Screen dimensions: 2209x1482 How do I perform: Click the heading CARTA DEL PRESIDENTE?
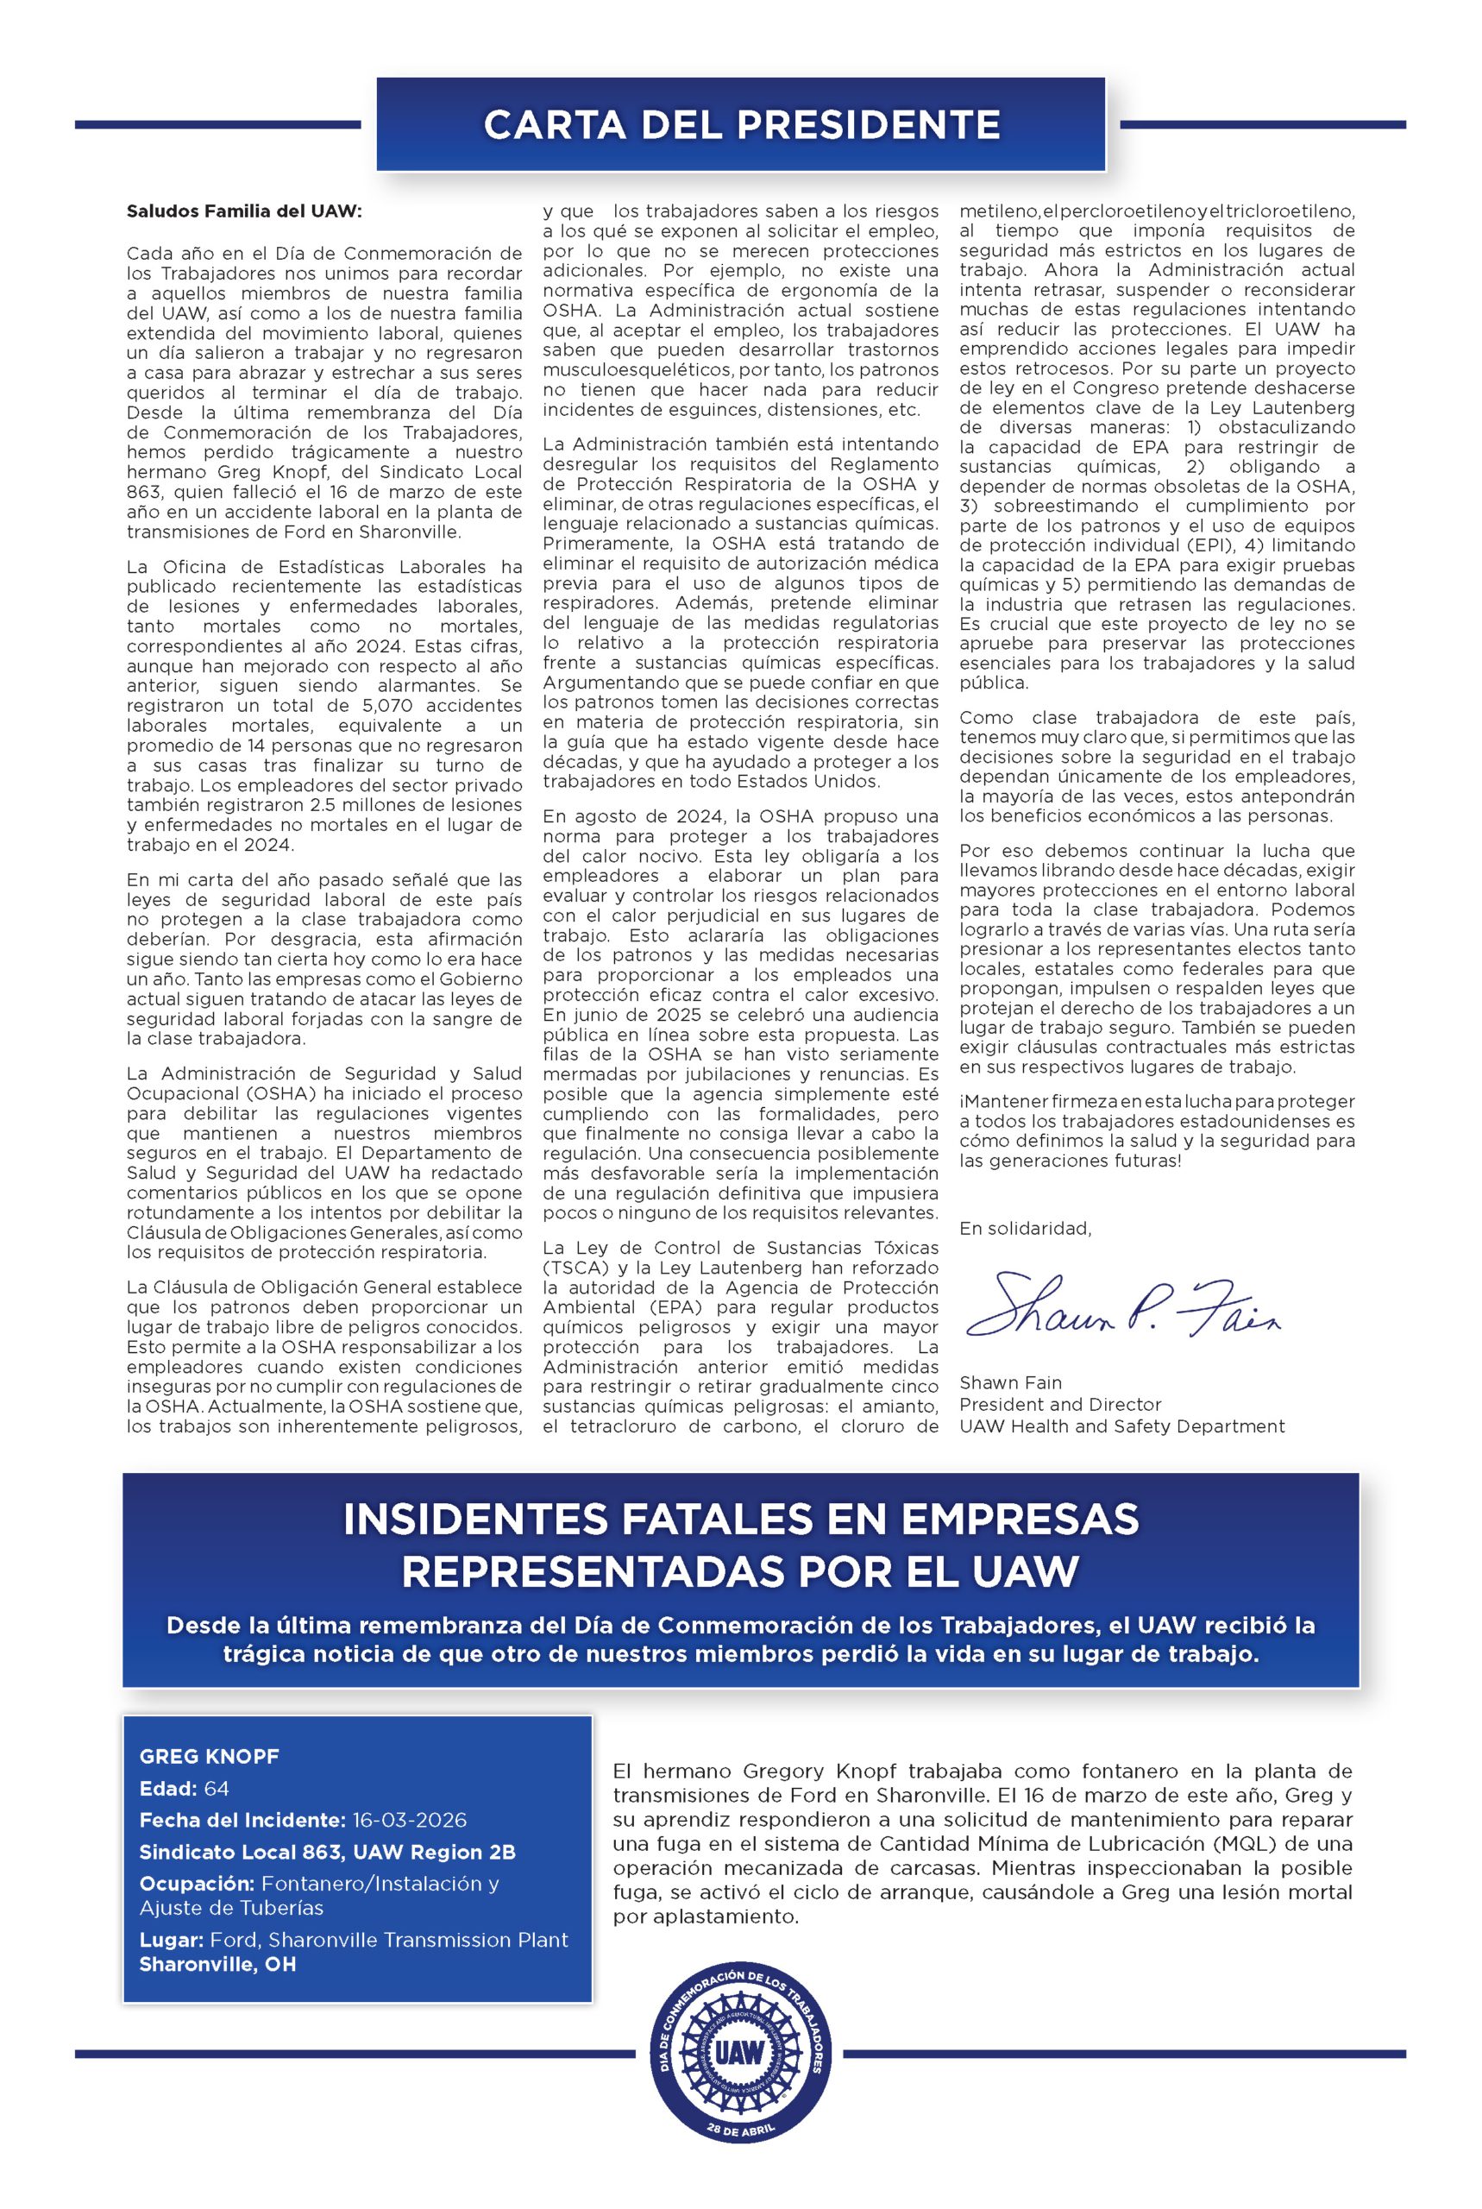coord(741,125)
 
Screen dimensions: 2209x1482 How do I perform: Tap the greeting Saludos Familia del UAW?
coord(244,211)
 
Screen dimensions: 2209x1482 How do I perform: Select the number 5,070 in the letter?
coord(394,705)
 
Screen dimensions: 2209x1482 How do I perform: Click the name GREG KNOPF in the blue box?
coord(209,1756)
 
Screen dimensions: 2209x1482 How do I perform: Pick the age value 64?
coord(217,1789)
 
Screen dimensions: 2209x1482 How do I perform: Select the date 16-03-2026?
coord(409,1820)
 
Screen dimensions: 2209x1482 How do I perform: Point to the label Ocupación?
coord(197,1883)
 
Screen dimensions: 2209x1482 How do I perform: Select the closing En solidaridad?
coord(1025,1228)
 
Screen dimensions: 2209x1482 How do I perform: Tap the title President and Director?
coord(1059,1404)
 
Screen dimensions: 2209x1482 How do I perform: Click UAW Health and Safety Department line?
coord(1122,1425)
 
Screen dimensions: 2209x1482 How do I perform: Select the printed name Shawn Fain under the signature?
coord(1010,1382)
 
